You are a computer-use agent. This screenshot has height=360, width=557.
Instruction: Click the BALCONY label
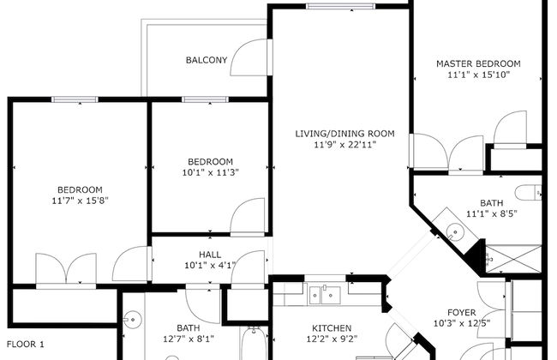[x=207, y=60]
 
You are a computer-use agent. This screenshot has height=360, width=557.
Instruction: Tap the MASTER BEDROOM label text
[x=477, y=64]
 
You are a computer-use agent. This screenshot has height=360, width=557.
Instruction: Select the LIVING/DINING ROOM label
[x=344, y=133]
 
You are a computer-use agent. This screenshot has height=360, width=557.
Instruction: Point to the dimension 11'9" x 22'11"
[x=345, y=145]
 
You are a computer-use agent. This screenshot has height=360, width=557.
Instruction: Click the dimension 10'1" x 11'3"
[x=210, y=173]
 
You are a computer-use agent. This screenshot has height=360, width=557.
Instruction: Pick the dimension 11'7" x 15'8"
[x=80, y=201]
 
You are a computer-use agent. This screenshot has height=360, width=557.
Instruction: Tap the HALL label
[x=211, y=254]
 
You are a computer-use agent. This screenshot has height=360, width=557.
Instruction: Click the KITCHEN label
[x=332, y=328]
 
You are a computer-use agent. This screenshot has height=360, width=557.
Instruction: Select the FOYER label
[x=467, y=312]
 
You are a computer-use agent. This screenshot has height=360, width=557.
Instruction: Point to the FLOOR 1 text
[x=25, y=344]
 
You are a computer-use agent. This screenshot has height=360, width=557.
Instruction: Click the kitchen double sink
[x=325, y=296]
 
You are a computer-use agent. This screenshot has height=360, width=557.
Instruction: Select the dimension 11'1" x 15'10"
[x=479, y=75]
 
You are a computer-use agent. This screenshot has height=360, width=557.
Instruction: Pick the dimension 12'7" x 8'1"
[x=188, y=339]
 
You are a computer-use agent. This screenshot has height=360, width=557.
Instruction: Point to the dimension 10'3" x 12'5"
[x=467, y=324]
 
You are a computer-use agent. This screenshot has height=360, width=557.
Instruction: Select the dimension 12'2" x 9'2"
[x=332, y=340]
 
